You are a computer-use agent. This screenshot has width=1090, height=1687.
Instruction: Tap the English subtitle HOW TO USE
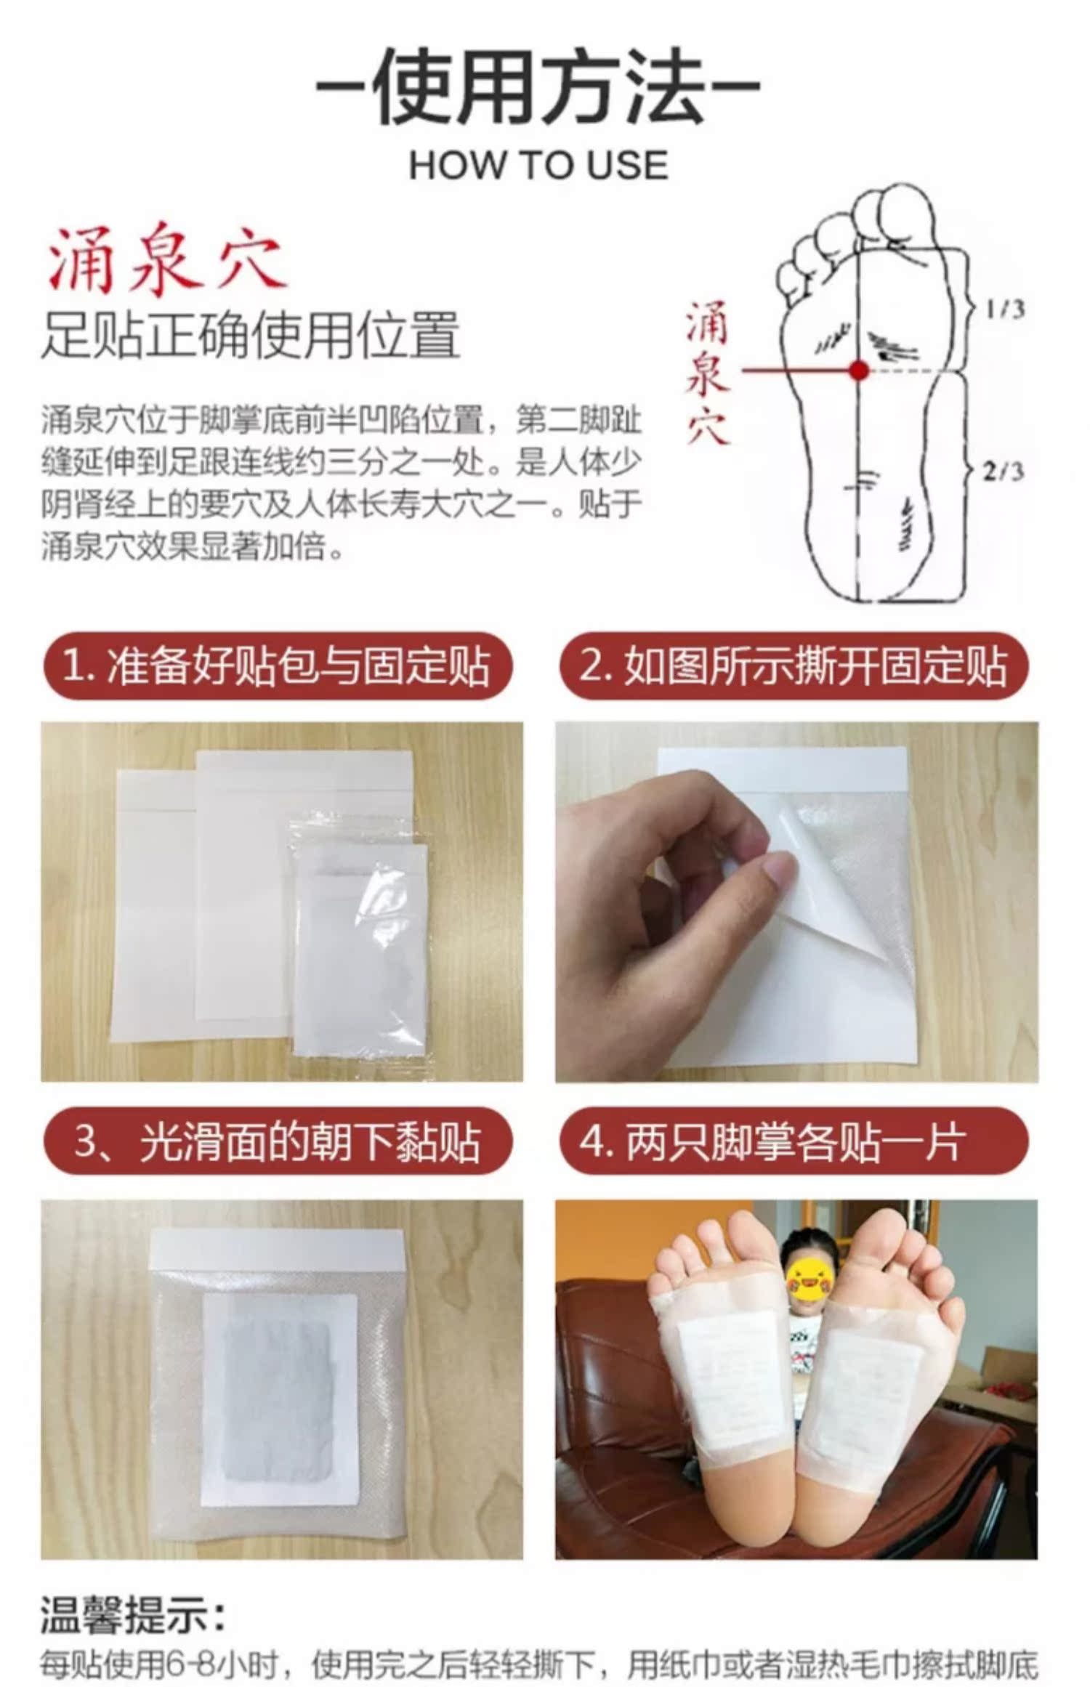pos(538,166)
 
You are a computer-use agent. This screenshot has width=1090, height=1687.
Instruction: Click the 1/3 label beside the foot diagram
pos(1006,310)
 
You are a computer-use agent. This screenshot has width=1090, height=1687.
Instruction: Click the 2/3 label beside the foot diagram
pos(1004,472)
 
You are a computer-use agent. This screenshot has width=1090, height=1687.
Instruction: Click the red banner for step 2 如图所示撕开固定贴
pos(795,666)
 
